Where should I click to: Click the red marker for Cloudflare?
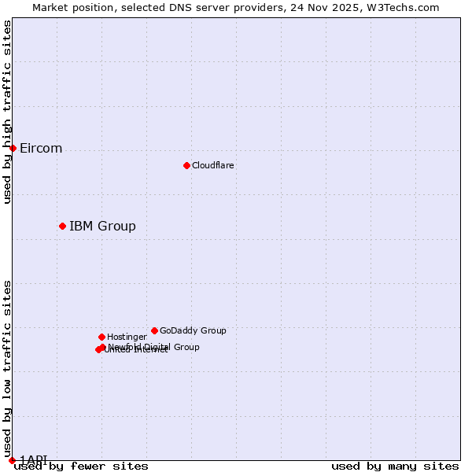click(186, 165)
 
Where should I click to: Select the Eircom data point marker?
click(13, 148)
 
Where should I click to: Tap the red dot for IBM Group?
click(62, 226)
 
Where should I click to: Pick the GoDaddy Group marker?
click(154, 330)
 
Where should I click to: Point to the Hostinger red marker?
click(101, 337)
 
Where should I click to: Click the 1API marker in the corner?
click(12, 460)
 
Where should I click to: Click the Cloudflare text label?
click(213, 165)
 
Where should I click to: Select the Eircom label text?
click(41, 149)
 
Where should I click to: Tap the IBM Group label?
click(102, 227)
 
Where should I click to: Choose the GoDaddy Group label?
click(193, 330)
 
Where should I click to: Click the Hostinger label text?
click(127, 337)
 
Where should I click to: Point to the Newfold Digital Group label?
click(154, 346)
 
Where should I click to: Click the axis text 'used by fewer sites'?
click(81, 466)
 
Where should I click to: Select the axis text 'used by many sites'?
click(395, 466)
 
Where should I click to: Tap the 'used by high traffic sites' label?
click(7, 112)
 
